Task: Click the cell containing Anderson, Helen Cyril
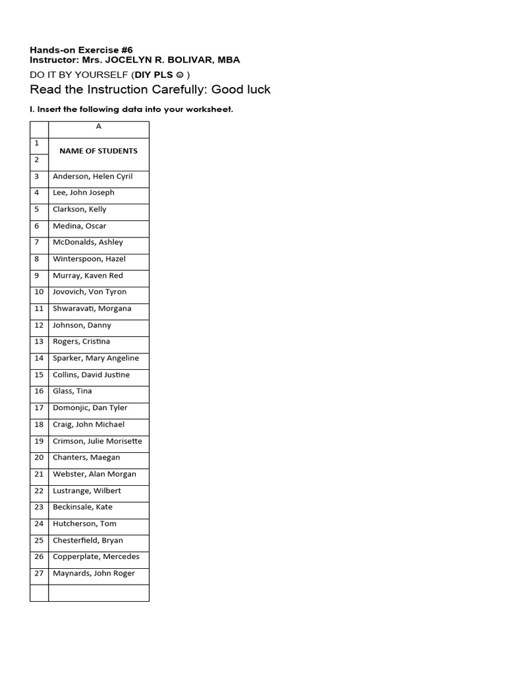point(92,177)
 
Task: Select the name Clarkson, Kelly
point(79,210)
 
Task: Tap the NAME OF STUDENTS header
point(98,151)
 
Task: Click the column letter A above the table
point(99,127)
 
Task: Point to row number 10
point(39,292)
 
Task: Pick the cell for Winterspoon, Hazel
point(89,259)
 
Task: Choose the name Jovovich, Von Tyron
point(90,292)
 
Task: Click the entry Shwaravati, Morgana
point(92,308)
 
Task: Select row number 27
point(39,573)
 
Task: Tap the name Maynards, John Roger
point(94,573)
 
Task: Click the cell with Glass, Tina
point(72,392)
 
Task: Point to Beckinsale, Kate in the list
point(82,507)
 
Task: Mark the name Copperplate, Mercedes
point(96,557)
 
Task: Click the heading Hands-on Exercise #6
point(81,50)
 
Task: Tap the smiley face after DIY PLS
point(180,75)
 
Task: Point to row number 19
point(39,441)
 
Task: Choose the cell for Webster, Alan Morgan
point(94,474)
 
